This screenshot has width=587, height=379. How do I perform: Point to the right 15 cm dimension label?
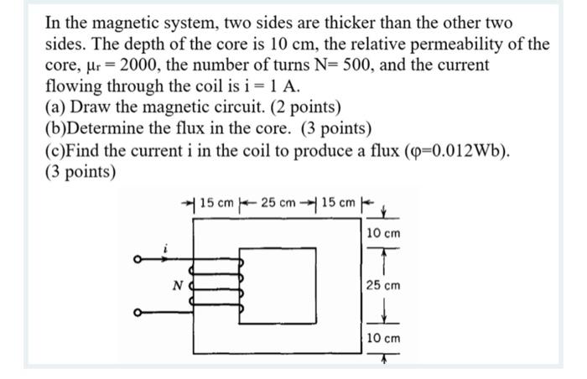pos(340,204)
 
